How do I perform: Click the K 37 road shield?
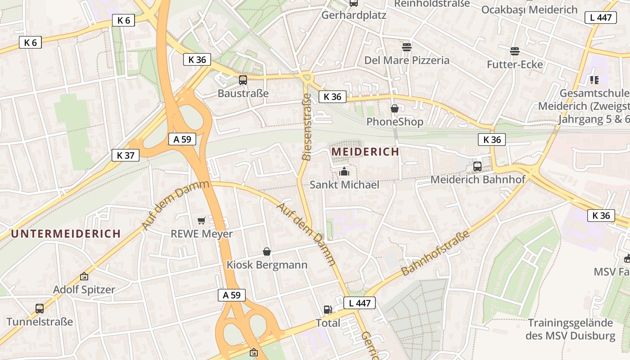point(126,155)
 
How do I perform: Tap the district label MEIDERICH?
point(365,152)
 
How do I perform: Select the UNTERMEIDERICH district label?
point(66,234)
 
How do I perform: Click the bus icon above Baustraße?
point(243,80)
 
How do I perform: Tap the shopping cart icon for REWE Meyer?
point(202,220)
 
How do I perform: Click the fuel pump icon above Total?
point(328,310)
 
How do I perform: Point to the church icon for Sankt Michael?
point(344,171)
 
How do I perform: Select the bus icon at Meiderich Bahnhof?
point(477,166)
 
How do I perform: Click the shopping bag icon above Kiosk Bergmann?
point(267,251)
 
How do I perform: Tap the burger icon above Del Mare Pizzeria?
point(407,47)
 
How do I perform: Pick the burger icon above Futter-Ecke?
point(515,51)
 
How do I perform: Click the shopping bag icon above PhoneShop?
point(395,108)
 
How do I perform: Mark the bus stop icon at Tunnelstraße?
point(40,309)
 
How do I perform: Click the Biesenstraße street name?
point(307,127)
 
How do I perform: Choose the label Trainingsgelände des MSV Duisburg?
point(570,329)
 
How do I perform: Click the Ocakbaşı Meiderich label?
point(529,9)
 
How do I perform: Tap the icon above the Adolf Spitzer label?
point(84,276)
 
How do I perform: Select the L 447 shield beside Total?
point(359,303)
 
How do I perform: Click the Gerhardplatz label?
point(354,15)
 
